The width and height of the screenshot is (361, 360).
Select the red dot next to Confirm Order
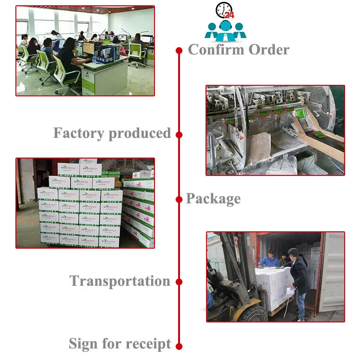(179, 50)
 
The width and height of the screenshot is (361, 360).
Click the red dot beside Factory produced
(179, 135)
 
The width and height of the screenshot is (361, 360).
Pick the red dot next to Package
(179, 199)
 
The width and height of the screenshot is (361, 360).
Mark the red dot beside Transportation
(179, 282)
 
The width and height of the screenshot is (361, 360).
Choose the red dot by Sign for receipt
(179, 346)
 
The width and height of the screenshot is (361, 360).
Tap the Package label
(213, 199)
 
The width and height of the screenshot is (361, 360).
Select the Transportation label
(120, 281)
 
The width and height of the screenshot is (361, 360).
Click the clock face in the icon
(223, 10)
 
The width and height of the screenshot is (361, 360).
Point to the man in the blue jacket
(268, 260)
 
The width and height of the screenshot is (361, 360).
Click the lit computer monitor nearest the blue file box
(89, 48)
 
